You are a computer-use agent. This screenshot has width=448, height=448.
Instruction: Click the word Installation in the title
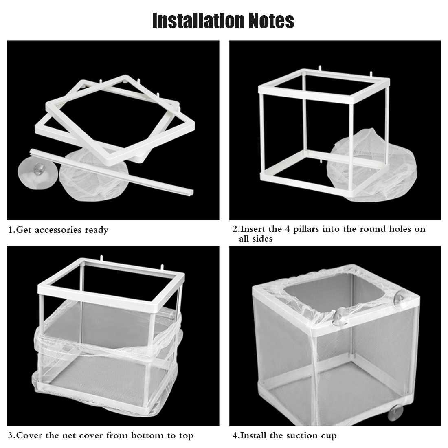point(198,21)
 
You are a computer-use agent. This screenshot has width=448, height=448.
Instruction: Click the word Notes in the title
point(271,21)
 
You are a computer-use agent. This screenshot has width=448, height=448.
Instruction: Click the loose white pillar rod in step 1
point(112,172)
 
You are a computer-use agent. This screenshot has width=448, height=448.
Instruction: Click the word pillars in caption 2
point(306,229)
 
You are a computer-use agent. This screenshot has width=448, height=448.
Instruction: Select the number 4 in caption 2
point(288,229)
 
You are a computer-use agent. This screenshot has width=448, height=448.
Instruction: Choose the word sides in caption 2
point(261,239)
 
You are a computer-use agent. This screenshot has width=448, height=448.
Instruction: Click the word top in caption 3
point(186,436)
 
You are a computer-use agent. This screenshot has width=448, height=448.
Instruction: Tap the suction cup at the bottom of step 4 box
point(395,413)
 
